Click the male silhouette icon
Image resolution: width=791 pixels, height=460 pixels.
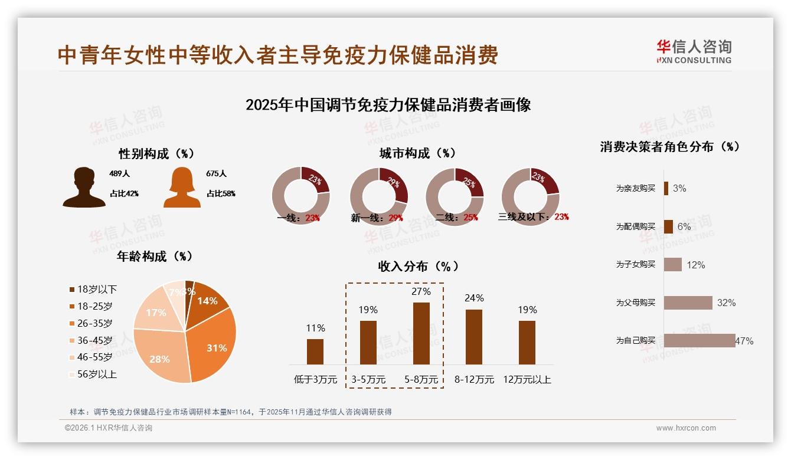84,187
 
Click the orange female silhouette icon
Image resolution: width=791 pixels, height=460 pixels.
182,187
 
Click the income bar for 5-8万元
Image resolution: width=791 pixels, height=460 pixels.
421,333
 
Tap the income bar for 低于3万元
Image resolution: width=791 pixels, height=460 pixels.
315,351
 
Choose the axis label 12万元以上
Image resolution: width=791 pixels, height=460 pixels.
527,380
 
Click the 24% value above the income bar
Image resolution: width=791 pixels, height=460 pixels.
474,298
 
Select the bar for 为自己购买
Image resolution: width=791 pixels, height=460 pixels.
700,340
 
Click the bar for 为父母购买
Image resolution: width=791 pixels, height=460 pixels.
688,303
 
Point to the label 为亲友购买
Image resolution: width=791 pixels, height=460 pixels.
636,188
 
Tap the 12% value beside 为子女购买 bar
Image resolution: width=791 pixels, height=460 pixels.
695,265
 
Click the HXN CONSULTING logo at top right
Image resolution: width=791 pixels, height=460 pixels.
694,52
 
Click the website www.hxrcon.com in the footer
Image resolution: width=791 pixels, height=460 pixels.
686,428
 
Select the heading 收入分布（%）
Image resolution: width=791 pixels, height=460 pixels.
418,266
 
